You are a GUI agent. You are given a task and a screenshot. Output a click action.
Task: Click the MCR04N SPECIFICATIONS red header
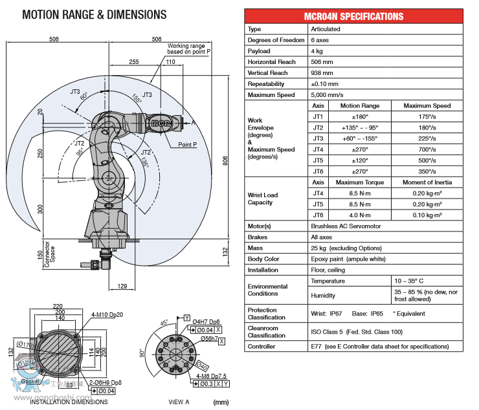coord(353,16)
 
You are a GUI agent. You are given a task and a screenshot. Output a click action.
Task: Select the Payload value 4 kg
coord(316,51)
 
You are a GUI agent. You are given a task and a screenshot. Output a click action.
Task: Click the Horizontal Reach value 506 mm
coord(324,62)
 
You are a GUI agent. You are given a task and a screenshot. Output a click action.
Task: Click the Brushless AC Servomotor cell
coord(346,226)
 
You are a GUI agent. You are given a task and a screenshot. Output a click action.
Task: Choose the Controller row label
coord(262,347)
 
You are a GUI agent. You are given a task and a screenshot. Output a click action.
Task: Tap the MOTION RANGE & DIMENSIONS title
coord(94,14)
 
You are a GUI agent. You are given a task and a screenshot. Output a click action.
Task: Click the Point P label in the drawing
coord(188,145)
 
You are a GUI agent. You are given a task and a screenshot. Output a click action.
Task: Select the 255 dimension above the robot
coord(133,62)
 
